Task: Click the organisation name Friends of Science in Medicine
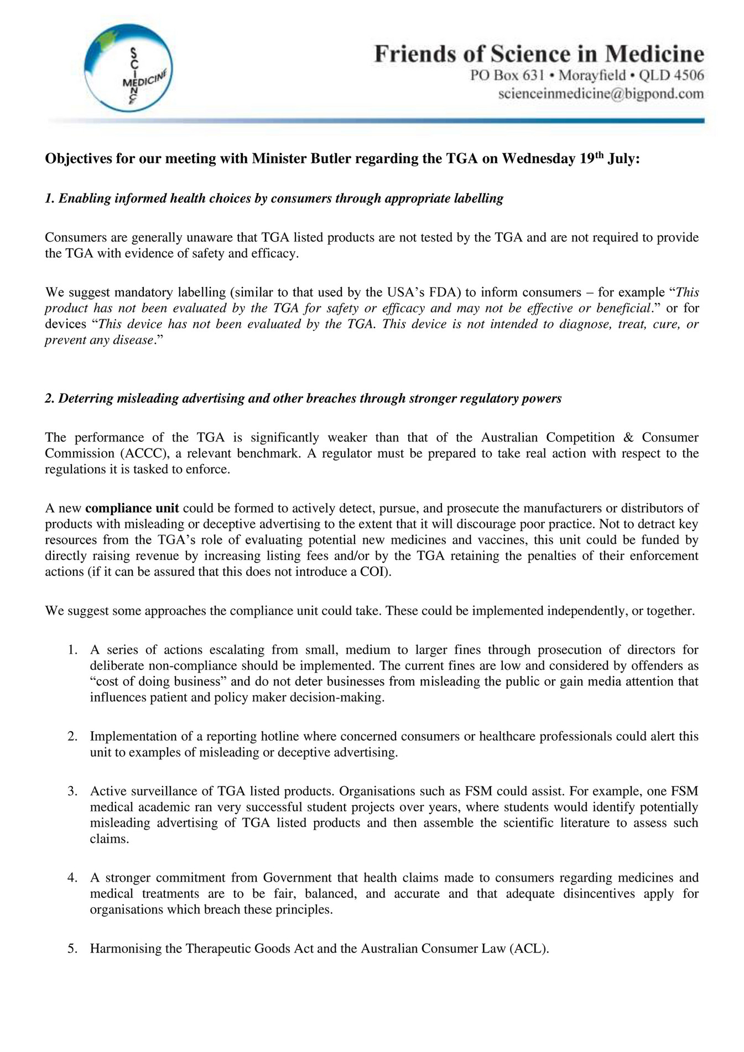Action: (539, 54)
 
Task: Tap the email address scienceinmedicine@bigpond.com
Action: (601, 93)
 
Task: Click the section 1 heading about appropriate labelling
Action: (274, 199)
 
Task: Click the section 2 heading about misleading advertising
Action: (303, 398)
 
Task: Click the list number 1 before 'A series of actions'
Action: (72, 650)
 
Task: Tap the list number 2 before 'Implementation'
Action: (72, 737)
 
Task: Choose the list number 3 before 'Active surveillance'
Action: (72, 791)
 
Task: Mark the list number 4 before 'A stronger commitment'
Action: (72, 878)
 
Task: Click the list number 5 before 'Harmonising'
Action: (72, 949)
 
